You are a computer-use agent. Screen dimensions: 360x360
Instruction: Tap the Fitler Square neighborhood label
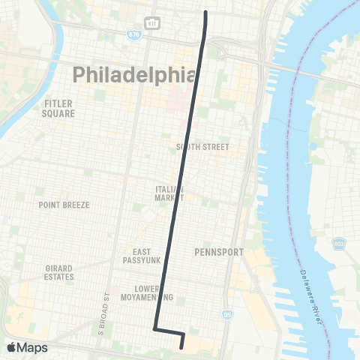[x=59, y=109]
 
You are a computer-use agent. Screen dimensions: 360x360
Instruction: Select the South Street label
[x=202, y=147]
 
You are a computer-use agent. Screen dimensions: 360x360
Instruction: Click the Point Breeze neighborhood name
[x=64, y=205]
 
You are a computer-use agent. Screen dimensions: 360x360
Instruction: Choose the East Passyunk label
[x=142, y=256]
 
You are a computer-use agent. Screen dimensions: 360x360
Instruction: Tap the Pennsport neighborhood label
[x=217, y=252]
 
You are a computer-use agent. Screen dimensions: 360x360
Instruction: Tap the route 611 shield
[x=151, y=23]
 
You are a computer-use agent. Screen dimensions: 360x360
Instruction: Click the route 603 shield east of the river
[x=340, y=242]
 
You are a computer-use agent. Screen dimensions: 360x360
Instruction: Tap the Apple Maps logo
[x=27, y=347]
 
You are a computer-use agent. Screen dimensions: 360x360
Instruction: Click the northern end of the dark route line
[x=206, y=13]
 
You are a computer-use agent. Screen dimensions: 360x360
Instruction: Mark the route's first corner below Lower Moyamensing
[x=154, y=328]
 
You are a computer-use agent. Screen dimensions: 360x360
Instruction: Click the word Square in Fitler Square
[x=59, y=114]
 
